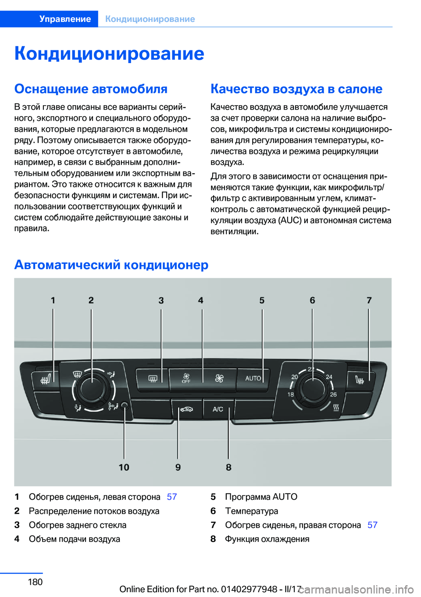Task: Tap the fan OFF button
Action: pyautogui.click(x=186, y=379)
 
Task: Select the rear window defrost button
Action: pyautogui.click(x=153, y=379)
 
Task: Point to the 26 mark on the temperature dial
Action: pyautogui.click(x=333, y=394)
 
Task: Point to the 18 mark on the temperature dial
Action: pyautogui.click(x=291, y=394)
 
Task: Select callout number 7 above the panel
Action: pyautogui.click(x=369, y=300)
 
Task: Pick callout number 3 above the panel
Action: pyautogui.click(x=161, y=300)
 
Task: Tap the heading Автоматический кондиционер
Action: pyautogui.click(x=111, y=265)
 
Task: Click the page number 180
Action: pyautogui.click(x=35, y=582)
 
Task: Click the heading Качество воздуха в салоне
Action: pyautogui.click(x=296, y=89)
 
